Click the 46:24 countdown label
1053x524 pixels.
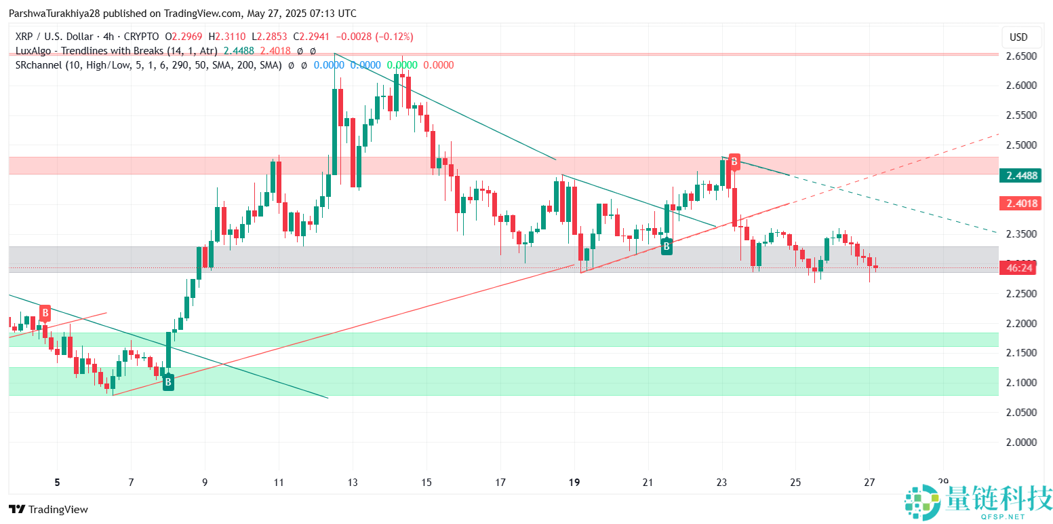1020,268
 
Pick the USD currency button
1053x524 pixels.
1018,37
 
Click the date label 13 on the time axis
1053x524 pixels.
353,483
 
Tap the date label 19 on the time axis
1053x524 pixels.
574,483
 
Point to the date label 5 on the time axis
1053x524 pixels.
58,483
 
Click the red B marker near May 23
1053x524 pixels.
734,161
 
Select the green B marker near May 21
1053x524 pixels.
667,246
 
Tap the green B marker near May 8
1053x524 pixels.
168,383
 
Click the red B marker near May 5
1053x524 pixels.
45,313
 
